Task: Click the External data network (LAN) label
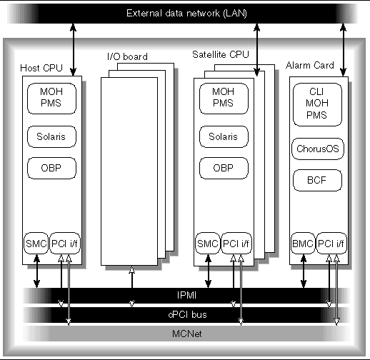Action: [184, 14]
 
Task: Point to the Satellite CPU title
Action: [216, 54]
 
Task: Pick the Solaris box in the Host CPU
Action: [49, 136]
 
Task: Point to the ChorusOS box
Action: [318, 149]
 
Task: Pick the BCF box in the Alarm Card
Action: [318, 179]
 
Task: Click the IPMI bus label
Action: [184, 294]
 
